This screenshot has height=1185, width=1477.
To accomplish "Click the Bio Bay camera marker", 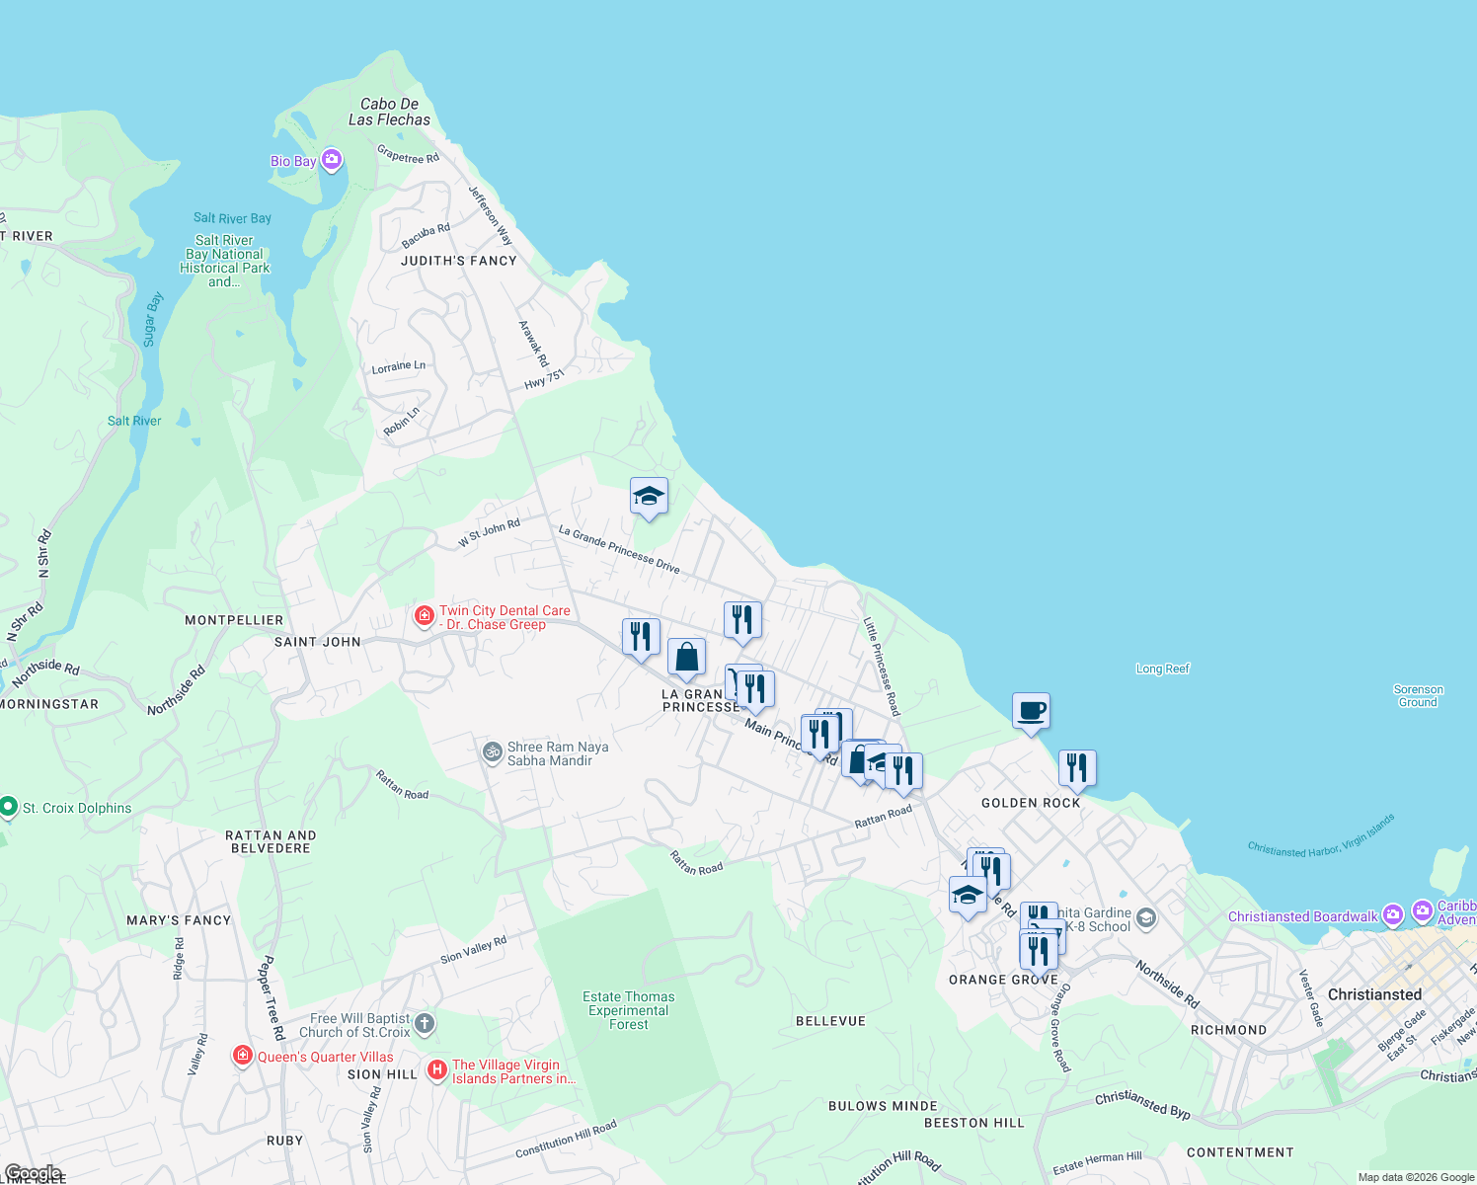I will tap(332, 160).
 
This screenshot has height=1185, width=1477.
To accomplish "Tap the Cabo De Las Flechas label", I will tap(389, 112).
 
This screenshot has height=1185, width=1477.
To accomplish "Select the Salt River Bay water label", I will tap(232, 218).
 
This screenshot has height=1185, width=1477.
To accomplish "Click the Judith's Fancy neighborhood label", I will tap(459, 261).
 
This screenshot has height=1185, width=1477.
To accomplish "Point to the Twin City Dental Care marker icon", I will tap(425, 617).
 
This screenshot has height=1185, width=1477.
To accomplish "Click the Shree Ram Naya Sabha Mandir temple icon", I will tap(492, 752).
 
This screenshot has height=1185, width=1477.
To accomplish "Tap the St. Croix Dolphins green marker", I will tap(9, 808).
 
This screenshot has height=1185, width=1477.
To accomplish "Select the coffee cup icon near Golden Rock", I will tap(1031, 711).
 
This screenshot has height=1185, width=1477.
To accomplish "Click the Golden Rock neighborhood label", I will tap(1031, 803).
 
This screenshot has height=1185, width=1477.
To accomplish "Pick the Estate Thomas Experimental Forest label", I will tap(629, 1010).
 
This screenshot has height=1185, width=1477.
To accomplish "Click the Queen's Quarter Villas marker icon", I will tap(243, 1056).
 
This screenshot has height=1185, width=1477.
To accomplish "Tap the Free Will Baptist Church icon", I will tap(425, 1023).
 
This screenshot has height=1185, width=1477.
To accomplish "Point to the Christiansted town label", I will tap(1374, 994).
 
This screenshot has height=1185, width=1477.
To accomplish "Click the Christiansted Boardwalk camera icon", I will tap(1392, 915).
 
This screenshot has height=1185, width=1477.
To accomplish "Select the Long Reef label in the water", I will tap(1163, 669).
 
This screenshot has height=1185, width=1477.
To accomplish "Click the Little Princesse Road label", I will tap(882, 667).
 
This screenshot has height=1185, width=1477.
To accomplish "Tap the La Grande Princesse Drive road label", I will tap(619, 549).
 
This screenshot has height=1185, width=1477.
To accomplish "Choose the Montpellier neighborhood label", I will tap(234, 620).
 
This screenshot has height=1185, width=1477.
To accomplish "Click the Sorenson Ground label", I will tap(1418, 696).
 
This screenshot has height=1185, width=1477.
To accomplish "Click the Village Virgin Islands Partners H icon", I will tap(437, 1070).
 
